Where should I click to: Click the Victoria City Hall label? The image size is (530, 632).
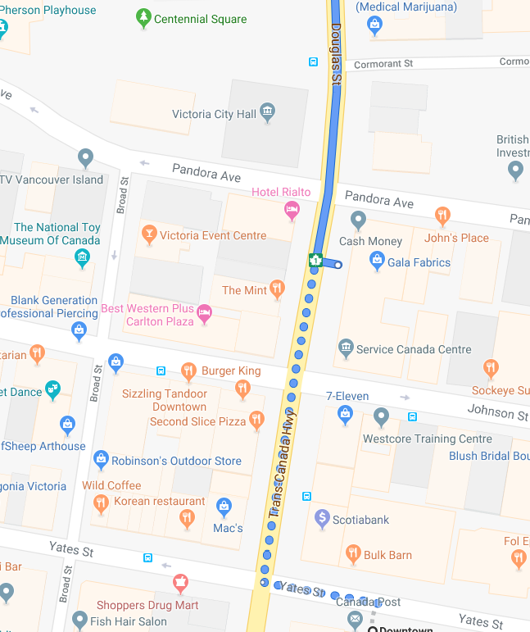coord(214,115)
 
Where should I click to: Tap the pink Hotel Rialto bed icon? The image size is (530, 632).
coord(292,211)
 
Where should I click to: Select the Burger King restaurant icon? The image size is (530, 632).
coord(188,371)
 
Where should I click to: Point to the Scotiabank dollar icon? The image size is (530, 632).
coord(322,518)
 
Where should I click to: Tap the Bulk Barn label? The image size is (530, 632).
coord(387,555)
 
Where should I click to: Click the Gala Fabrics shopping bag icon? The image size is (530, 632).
coord(377,261)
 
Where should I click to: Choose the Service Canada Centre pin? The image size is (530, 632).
coord(346,348)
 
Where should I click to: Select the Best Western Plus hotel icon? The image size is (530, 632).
coord(205,312)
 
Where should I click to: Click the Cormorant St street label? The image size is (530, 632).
coord(384,63)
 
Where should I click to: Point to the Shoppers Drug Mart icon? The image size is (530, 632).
coord(181,584)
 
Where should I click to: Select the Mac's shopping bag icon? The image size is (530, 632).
coord(223,507)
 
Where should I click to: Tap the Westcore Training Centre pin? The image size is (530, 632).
coord(380,417)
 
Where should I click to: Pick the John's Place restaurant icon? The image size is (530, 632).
coord(442,216)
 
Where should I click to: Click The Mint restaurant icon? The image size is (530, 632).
coord(277,289)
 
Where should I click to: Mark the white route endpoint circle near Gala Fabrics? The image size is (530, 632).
coord(338,265)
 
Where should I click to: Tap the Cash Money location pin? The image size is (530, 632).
coord(358,220)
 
